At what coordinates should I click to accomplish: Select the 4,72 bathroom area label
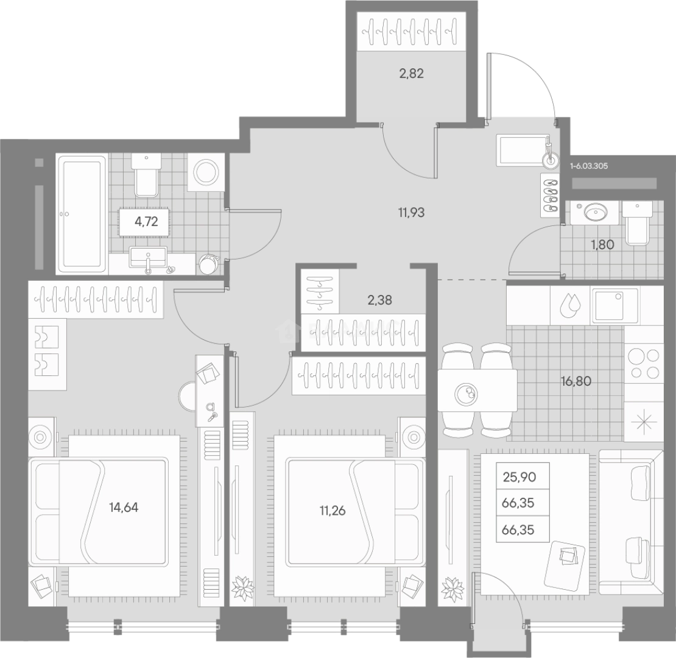click(x=146, y=221)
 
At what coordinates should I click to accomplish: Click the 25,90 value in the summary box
click(x=519, y=477)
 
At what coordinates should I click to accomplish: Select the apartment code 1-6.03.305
click(x=590, y=165)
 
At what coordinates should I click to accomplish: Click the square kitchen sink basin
click(x=616, y=305)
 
